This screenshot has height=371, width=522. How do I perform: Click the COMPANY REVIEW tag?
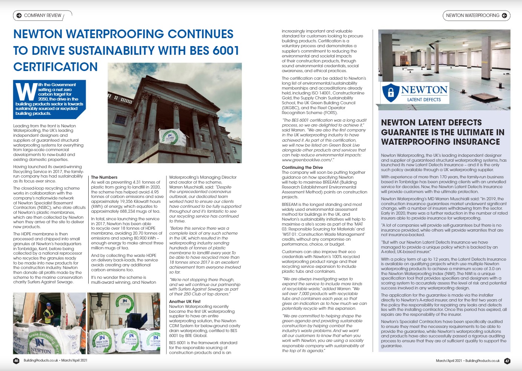click(x=42, y=15)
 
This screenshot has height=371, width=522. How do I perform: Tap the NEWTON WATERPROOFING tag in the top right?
click(x=472, y=15)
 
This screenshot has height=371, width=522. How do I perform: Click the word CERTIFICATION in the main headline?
click(x=55, y=67)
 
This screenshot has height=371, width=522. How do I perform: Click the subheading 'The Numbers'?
click(x=104, y=177)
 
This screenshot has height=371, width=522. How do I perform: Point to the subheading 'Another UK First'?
click(x=185, y=301)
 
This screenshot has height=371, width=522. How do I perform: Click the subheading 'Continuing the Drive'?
click(x=302, y=167)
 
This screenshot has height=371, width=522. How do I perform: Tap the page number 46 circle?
click(x=16, y=360)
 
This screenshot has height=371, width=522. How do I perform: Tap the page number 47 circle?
click(x=507, y=361)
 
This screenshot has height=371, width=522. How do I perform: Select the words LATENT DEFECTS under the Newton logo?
click(x=424, y=100)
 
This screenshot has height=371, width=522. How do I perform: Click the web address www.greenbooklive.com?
click(x=307, y=160)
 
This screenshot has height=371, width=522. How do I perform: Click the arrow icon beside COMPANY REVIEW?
click(x=19, y=15)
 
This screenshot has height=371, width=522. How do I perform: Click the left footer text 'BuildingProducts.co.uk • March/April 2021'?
click(x=55, y=360)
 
